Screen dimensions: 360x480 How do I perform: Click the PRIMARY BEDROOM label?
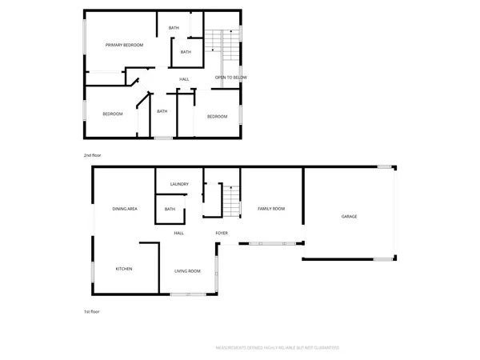tap(124, 45)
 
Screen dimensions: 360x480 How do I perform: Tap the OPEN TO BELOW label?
tap(230, 78)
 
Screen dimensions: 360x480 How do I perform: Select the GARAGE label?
tap(350, 217)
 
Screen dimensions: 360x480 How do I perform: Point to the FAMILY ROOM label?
tap(271, 209)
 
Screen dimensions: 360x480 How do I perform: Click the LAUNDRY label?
tap(179, 184)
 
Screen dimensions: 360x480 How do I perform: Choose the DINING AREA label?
tap(126, 209)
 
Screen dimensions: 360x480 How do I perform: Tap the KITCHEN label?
tap(124, 269)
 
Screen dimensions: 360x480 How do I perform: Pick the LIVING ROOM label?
tap(187, 271)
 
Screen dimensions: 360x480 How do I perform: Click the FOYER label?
tap(222, 233)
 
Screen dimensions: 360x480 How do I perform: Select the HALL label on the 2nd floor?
tap(184, 78)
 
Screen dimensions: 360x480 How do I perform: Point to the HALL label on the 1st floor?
tap(179, 233)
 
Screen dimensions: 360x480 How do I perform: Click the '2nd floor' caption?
tap(93, 154)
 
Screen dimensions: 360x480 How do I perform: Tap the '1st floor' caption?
tap(92, 311)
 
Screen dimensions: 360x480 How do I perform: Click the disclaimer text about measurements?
tap(278, 348)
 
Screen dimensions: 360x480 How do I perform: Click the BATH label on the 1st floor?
tap(170, 210)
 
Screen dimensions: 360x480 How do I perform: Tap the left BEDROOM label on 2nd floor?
tap(113, 114)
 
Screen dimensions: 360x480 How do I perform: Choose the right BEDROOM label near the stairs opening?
tap(218, 117)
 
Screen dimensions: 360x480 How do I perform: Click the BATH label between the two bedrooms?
tap(162, 111)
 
